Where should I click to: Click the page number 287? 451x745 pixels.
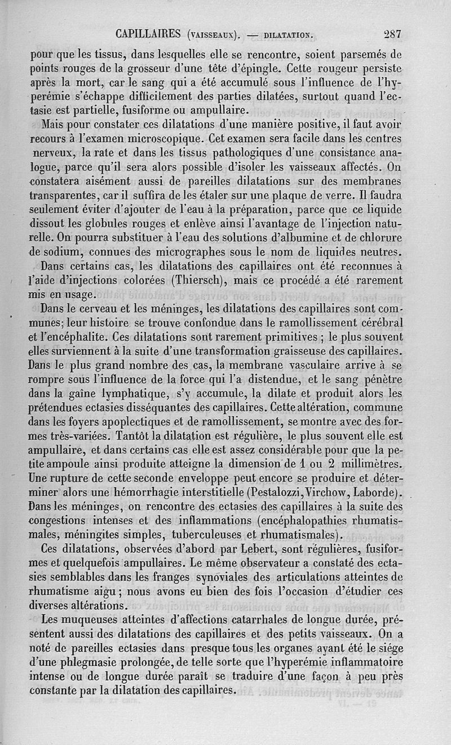click(x=391, y=33)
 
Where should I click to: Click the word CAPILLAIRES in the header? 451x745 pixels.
click(x=148, y=33)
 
